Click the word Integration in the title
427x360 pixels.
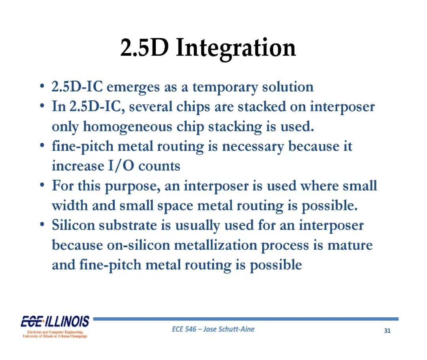[236, 49]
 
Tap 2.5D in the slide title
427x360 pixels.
[144, 48]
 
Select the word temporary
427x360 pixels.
[225, 88]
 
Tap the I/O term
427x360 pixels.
[121, 166]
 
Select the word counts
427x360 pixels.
[159, 167]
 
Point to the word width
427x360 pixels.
[70, 205]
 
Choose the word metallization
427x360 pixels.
[215, 245]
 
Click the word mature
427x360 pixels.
[350, 245]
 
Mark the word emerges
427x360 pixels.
[133, 88]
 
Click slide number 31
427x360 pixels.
[387, 331]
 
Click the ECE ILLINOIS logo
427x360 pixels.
[55, 322]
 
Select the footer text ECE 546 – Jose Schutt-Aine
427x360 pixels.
[213, 329]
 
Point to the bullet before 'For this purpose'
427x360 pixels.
[42, 185]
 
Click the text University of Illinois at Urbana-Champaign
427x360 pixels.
[55, 336]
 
